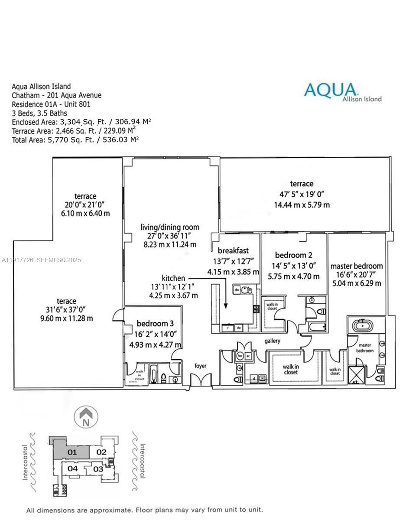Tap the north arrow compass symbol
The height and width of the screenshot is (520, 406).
[x=87, y=417]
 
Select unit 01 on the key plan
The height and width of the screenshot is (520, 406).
[x=72, y=452]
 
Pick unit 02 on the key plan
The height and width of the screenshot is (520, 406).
[x=101, y=452]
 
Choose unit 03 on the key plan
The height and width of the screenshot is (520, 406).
[x=98, y=469]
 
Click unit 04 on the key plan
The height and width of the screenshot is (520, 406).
[x=72, y=468]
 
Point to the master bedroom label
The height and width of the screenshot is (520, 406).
[x=357, y=266]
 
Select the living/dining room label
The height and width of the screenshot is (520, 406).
[x=170, y=227]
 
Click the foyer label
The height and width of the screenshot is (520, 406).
[x=200, y=366]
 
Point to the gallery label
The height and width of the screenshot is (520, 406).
[x=273, y=341]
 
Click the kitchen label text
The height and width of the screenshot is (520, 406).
[x=173, y=278]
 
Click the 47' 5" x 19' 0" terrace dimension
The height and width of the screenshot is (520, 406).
[x=302, y=194]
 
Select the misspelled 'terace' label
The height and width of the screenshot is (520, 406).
[x=66, y=301]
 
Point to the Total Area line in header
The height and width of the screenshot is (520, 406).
[x=75, y=139]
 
